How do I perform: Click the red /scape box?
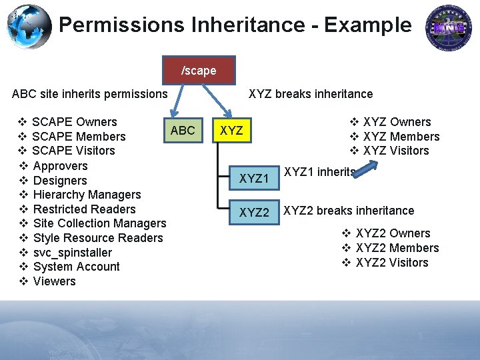(199, 70)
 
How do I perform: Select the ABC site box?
(183, 131)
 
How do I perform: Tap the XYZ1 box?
(253, 179)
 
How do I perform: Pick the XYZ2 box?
(253, 213)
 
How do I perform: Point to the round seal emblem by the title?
(449, 27)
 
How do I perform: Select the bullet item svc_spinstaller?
(72, 252)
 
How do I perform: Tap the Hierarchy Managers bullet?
(87, 195)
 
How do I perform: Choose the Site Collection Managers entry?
(99, 223)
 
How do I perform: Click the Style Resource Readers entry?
(97, 238)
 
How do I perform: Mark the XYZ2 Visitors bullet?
(392, 263)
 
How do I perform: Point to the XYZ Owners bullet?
(397, 122)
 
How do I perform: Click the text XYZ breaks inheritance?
(311, 94)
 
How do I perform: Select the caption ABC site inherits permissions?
(89, 94)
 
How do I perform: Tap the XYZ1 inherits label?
(319, 172)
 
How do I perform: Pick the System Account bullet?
(76, 267)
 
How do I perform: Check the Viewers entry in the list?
(54, 281)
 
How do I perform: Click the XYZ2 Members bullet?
(397, 248)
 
